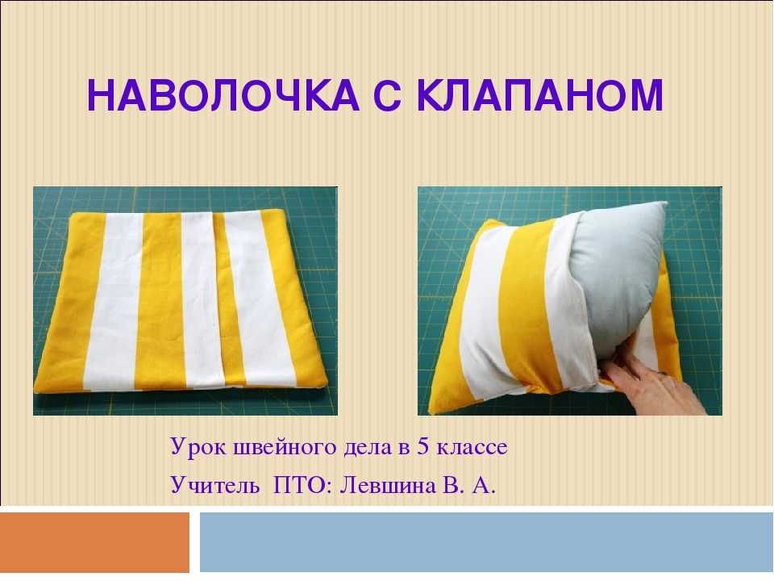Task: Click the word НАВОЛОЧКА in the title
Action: [223, 95]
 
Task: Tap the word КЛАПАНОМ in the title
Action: [540, 95]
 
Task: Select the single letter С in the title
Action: [388, 95]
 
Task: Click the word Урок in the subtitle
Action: [197, 447]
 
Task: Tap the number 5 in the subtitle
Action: [422, 446]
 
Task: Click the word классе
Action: [472, 448]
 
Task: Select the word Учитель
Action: [214, 485]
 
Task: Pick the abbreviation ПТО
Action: [299, 485]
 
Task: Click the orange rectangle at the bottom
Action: [94, 542]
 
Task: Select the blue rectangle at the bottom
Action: [486, 542]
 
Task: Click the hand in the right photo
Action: [651, 379]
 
